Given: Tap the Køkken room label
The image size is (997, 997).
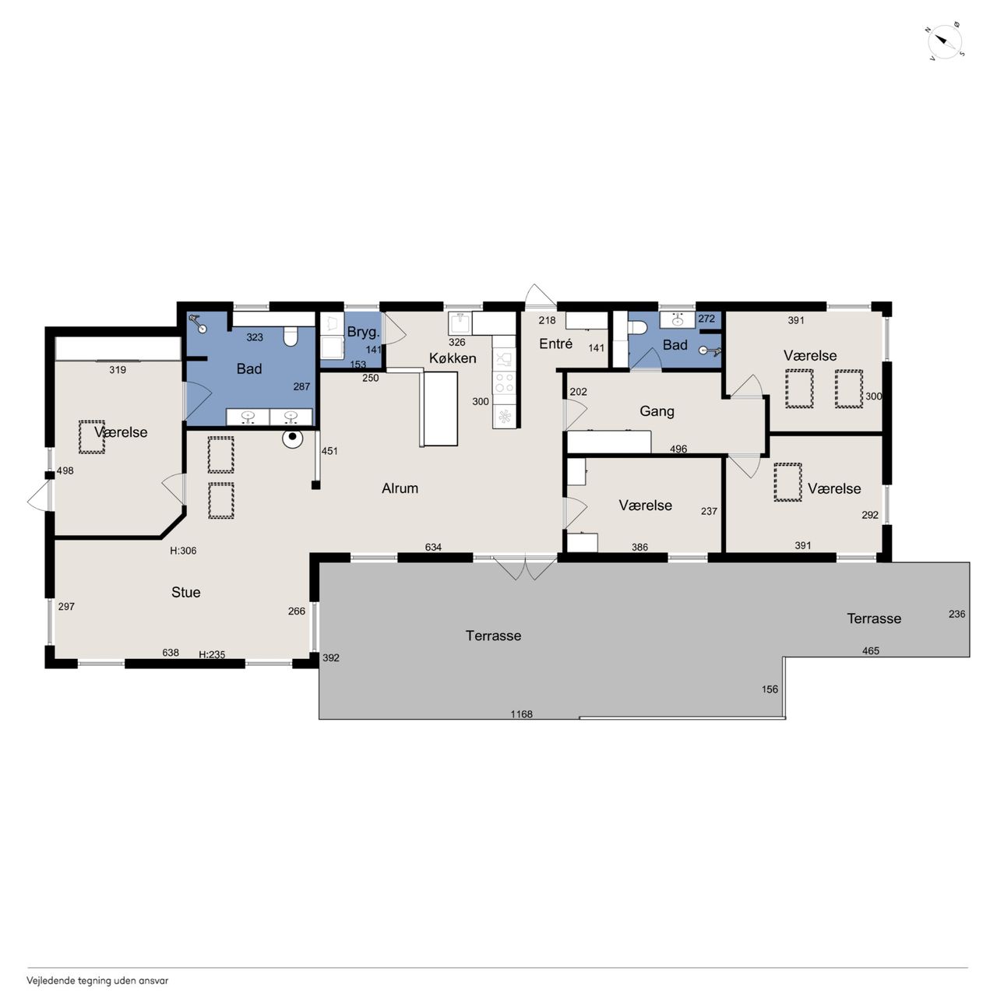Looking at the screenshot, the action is click(453, 358).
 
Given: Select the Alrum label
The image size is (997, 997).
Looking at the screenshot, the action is click(400, 488).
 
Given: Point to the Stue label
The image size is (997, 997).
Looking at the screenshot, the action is click(185, 592).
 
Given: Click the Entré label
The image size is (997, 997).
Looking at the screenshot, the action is click(555, 343).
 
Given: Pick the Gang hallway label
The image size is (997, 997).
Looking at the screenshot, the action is click(657, 411).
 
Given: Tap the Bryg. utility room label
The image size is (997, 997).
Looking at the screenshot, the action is click(363, 332).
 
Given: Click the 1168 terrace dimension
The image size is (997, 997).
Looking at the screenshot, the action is click(521, 714).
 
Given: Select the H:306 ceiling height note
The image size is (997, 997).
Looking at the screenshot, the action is click(183, 551).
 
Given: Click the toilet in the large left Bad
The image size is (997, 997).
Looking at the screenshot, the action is click(291, 336).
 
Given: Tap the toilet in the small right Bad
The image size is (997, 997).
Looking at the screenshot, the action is click(637, 327).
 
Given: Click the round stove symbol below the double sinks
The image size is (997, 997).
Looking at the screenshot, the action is click(292, 437).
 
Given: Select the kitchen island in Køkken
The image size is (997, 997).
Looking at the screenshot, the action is click(440, 409).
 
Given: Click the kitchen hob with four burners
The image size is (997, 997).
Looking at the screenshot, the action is click(505, 384).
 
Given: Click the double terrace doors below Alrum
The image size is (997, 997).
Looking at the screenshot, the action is click(525, 568).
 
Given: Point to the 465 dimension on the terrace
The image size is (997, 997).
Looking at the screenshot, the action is click(870, 651).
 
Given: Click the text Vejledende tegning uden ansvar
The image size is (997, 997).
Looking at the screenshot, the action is click(98, 981).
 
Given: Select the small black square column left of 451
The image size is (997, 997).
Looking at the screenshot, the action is click(315, 484).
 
